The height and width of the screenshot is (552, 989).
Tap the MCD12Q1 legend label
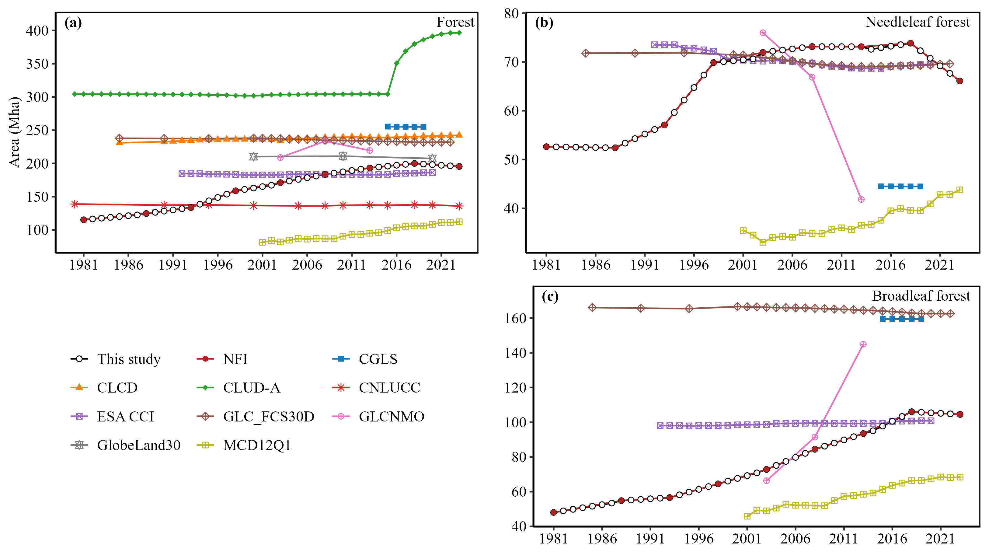[x=257, y=445]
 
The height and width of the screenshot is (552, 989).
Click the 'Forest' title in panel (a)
[x=455, y=22]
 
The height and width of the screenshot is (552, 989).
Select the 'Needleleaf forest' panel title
[x=918, y=22]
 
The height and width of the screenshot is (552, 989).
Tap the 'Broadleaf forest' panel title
[x=921, y=296]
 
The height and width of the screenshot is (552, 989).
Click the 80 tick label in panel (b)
[x=511, y=13]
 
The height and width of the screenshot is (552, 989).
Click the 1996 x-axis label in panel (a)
[x=218, y=265]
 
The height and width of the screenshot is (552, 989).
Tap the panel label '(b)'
[x=544, y=23]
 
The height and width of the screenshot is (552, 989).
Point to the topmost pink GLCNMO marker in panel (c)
[x=863, y=344]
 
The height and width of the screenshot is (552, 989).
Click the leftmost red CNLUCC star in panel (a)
[x=75, y=204]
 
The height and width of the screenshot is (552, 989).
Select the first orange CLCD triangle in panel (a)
[x=119, y=142]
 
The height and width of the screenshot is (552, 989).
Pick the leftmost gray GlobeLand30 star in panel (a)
[x=253, y=156]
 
